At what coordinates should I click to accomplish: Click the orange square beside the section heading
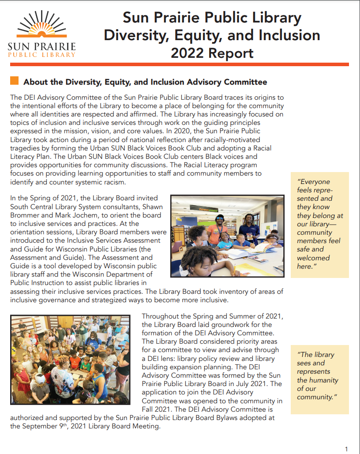(14, 81)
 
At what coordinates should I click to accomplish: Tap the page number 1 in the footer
(346, 449)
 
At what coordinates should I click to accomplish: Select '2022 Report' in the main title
(212, 53)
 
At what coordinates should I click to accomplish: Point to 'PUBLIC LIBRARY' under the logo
(42, 55)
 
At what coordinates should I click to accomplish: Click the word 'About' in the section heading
(36, 82)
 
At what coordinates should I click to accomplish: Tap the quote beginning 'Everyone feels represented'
(319, 224)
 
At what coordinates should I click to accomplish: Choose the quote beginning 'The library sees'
(318, 376)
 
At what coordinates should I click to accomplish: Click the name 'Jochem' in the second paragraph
(74, 215)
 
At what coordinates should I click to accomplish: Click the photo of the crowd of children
(70, 359)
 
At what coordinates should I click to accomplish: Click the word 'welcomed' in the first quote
(313, 258)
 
